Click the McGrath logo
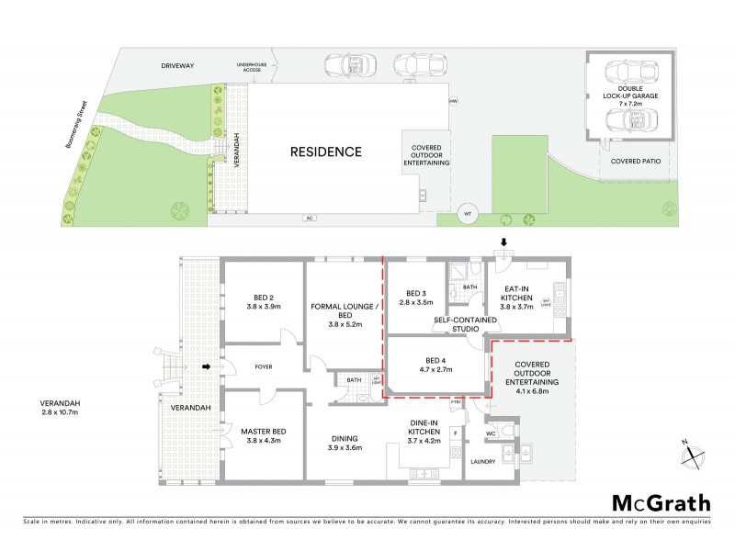click(661, 502)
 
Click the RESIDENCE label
click(326, 152)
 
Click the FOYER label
click(260, 367)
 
